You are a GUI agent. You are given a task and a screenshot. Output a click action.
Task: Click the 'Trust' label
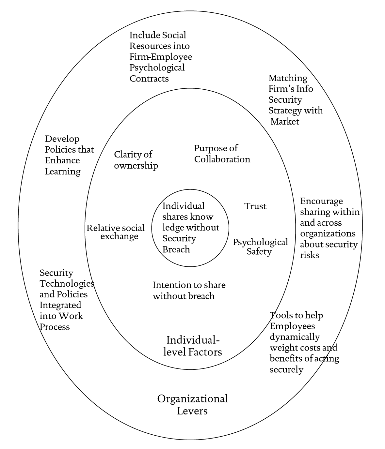coord(255,206)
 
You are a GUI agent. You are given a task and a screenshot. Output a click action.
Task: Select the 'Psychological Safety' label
coord(260,247)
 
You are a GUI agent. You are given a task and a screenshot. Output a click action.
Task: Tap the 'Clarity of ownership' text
coord(136,160)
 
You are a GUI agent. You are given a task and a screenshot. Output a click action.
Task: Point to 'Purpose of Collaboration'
coord(222,154)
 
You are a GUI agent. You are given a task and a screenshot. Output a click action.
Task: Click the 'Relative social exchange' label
coord(116,232)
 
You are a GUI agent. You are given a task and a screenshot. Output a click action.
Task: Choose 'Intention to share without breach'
coord(189,291)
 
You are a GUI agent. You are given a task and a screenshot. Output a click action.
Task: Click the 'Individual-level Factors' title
coord(193,346)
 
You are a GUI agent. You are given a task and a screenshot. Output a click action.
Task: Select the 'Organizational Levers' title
coord(193,404)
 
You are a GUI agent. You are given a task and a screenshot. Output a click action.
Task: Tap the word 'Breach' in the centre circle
coord(176,249)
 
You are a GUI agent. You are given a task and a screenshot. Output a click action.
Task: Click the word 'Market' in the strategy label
coord(285,122)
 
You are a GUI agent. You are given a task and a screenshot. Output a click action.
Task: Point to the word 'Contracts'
coord(149,79)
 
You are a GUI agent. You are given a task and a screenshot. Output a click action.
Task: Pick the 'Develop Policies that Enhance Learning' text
coord(69,155)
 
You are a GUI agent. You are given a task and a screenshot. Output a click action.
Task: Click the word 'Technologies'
coord(67,283)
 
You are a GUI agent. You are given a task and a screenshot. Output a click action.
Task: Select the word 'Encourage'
coord(321,201)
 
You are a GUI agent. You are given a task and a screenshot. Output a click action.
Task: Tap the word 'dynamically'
coord(295,337)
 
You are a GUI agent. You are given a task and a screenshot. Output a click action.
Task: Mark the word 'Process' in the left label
coord(55,327)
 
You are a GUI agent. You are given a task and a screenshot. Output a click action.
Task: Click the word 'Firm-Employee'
coord(161,57)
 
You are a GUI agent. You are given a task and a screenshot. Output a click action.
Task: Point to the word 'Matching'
coord(288,78)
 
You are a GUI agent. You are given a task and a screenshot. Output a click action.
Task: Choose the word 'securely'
coord(286,369)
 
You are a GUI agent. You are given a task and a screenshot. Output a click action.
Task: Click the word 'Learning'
coord(63,172)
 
